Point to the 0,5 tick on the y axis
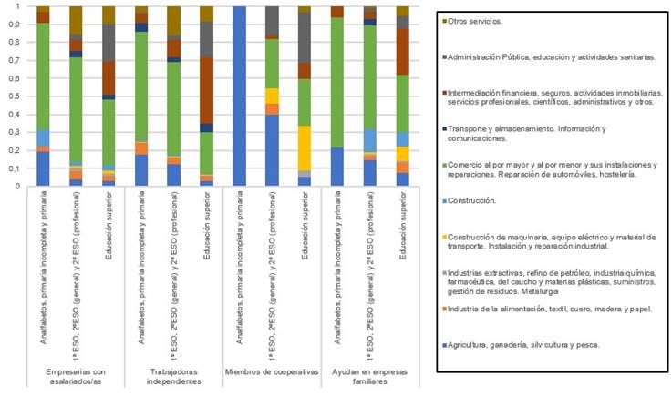coord(17,96)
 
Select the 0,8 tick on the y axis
coord(17,43)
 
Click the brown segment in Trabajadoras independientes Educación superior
coord(208,90)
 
